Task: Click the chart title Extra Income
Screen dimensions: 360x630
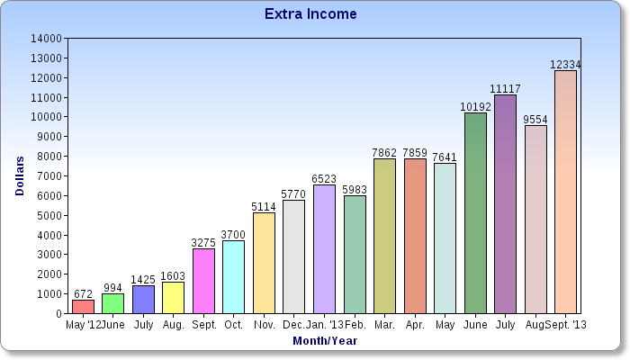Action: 310,14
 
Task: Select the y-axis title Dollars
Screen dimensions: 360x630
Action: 20,176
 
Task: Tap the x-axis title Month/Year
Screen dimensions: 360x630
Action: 325,341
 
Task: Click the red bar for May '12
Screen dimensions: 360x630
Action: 83,307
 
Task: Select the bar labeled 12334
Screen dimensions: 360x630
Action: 565,192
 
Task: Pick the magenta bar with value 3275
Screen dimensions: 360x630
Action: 203,281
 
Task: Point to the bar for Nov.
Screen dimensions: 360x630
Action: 264,263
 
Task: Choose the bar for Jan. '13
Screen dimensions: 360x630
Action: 324,249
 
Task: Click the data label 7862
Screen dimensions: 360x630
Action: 384,152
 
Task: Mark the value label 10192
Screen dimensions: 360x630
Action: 474,106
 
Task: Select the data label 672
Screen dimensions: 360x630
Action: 83,294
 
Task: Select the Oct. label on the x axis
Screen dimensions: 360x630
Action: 233,324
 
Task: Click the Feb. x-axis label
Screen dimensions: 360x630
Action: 355,324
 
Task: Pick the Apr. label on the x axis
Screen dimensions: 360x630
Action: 415,324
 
